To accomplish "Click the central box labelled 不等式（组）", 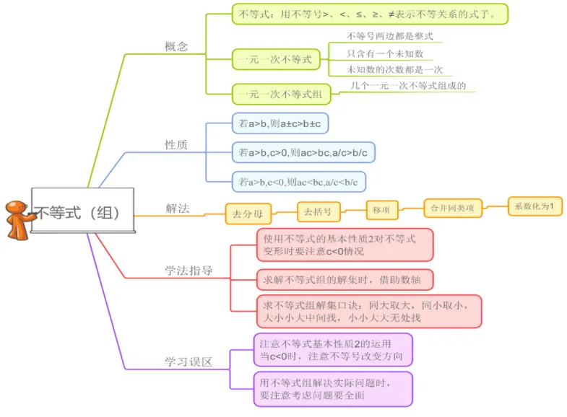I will [x=83, y=213].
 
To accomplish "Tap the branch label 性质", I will [x=176, y=145].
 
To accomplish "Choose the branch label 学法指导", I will [x=188, y=271].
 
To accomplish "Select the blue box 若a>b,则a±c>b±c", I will [x=280, y=123].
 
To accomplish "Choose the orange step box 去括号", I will [x=318, y=211].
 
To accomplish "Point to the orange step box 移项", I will [x=381, y=210].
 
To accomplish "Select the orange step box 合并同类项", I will [x=452, y=208].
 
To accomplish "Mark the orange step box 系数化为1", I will [x=534, y=206].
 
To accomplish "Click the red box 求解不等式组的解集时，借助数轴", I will [x=345, y=278].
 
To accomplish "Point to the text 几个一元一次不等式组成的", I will [x=408, y=86].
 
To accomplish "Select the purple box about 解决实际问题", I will [x=332, y=388].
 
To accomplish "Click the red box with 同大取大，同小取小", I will [x=368, y=311].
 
